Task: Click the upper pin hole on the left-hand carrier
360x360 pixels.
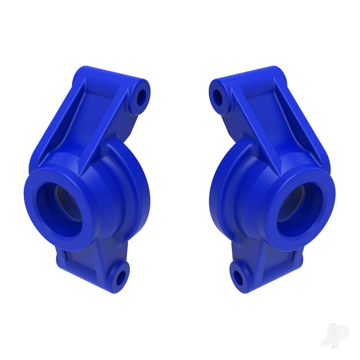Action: [x=141, y=96]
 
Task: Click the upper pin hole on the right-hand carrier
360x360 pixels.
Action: [x=218, y=96]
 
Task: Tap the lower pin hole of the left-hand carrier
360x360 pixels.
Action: [x=121, y=277]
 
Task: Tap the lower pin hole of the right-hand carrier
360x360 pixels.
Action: [x=239, y=277]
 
